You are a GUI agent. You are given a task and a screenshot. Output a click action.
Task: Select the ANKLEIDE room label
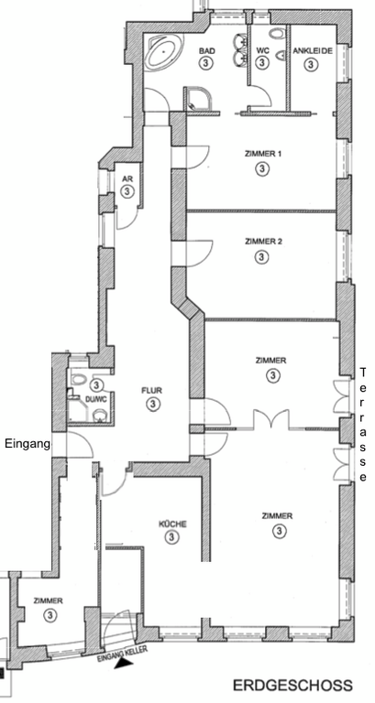pyautogui.click(x=313, y=50)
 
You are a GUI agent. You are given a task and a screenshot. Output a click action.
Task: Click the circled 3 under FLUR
pyautogui.click(x=153, y=405)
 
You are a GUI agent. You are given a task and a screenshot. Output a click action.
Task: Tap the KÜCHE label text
pyautogui.click(x=172, y=524)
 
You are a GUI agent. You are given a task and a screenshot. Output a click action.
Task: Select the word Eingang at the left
pyautogui.click(x=27, y=444)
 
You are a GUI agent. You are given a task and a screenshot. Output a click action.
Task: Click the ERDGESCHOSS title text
pyautogui.click(x=292, y=686)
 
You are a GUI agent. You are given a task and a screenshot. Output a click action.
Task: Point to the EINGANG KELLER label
pyautogui.click(x=122, y=654)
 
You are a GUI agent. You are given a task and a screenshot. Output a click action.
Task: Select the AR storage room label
pyautogui.click(x=127, y=179)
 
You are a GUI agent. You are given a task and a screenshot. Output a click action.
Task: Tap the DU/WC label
pyautogui.click(x=95, y=400)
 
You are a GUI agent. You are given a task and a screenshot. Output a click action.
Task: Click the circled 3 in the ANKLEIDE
pyautogui.click(x=310, y=65)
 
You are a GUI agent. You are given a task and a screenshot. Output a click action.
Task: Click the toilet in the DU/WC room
pyautogui.click(x=79, y=379)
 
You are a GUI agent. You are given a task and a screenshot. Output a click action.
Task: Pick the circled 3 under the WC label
pyautogui.click(x=262, y=63)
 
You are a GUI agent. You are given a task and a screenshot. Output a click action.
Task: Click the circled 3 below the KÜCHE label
pyautogui.click(x=171, y=537)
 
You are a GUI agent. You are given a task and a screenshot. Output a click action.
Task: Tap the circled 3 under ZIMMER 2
pyautogui.click(x=261, y=257)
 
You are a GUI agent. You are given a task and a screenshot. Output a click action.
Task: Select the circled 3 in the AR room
pyautogui.click(x=127, y=192)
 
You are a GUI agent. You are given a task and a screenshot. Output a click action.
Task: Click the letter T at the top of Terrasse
pyautogui.click(x=363, y=373)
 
